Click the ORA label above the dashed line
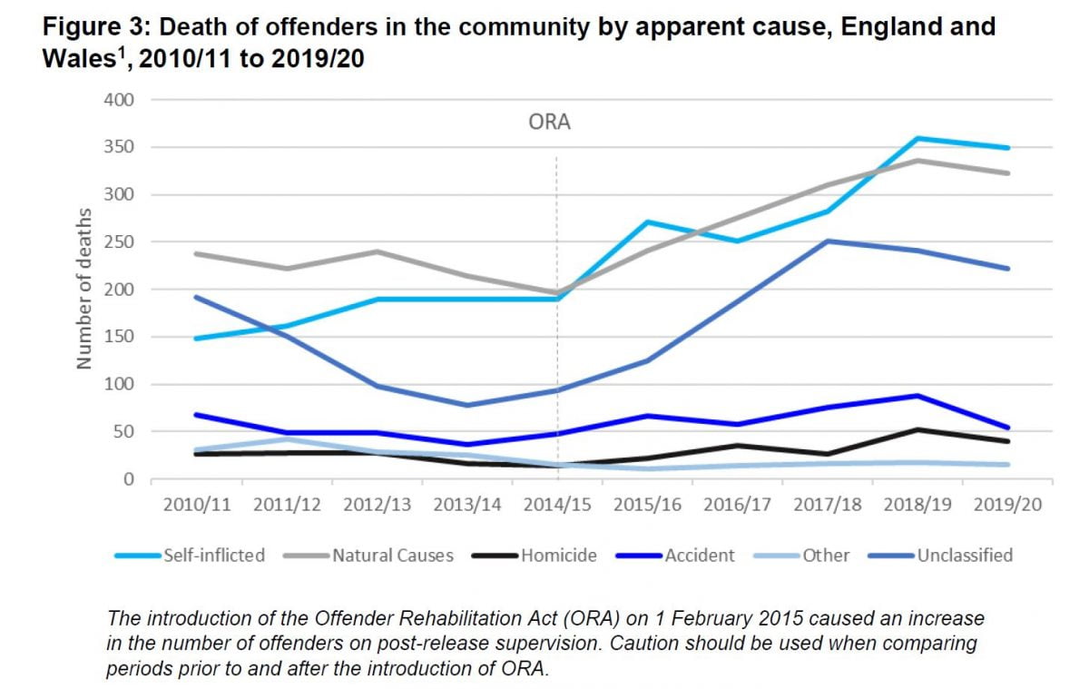pos(549,123)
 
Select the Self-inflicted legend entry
pos(213,555)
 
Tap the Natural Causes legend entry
pos(392,555)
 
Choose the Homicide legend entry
pos(558,555)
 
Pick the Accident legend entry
pos(701,555)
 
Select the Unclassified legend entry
pos(965,555)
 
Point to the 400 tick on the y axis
pos(120,100)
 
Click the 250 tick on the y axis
pos(120,242)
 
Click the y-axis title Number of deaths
pos(84,290)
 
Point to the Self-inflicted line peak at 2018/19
pos(919,138)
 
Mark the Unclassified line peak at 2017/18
pos(829,241)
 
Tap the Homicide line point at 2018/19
pos(919,429)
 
